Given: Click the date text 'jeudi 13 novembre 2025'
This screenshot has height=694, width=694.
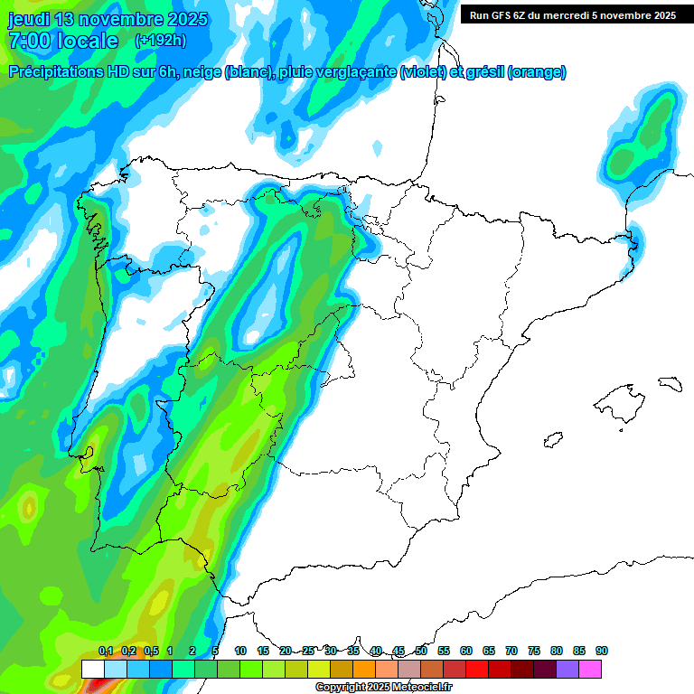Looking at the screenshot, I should pos(108,19).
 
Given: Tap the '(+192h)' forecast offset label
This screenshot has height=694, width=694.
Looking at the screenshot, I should pos(160,41).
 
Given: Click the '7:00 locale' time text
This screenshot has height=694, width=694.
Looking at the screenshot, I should pos(63,41).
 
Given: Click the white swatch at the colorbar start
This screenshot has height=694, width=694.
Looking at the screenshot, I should pos(92,669).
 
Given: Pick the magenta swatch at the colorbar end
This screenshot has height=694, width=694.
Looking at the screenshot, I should pos(590,669).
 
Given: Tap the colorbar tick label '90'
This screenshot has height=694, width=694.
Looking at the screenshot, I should pos(602,651).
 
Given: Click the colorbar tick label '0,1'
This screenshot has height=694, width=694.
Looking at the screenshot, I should pos(106,651).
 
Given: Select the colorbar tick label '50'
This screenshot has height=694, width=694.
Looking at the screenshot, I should pos(421,651).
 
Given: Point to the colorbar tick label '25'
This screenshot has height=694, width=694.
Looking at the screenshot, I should pos(308,651).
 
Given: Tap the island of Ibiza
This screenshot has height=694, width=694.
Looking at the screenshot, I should pos(552,440).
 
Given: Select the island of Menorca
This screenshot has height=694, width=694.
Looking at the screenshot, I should pos(669,383).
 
